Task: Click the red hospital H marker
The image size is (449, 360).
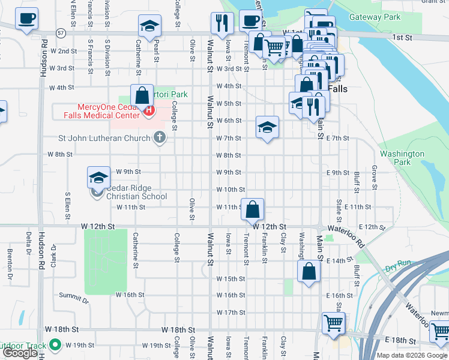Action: tap(148, 111)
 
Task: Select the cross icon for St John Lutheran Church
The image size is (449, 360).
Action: tap(159, 138)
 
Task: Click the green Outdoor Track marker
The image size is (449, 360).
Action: tap(55, 346)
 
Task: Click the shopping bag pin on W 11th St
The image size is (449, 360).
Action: tap(253, 209)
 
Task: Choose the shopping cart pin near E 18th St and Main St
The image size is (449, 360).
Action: tap(333, 323)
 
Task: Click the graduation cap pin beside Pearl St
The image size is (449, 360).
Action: tap(149, 26)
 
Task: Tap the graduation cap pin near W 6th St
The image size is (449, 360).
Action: tap(267, 127)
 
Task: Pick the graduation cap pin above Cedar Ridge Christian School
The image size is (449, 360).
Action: tap(99, 177)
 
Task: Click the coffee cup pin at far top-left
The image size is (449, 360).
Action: tap(26, 19)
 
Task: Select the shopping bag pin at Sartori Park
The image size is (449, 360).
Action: tap(142, 95)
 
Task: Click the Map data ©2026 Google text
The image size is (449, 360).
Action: tap(411, 355)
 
